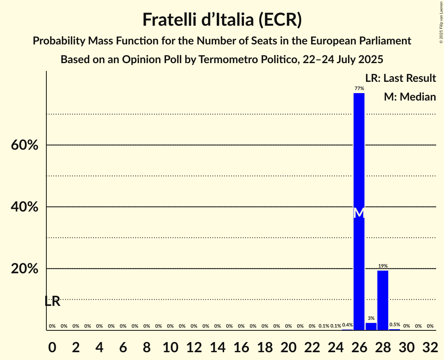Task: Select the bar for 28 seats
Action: pyautogui.click(x=383, y=300)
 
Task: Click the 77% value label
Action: pyautogui.click(x=359, y=89)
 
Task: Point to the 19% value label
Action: pyautogui.click(x=383, y=266)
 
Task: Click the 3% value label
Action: pyautogui.click(x=371, y=318)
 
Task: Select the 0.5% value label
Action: pyautogui.click(x=394, y=325)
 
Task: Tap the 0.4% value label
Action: pyautogui.click(x=347, y=325)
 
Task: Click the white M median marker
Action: pyautogui.click(x=359, y=213)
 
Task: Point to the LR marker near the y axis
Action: pyautogui.click(x=52, y=301)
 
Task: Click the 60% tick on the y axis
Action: pyautogui.click(x=25, y=145)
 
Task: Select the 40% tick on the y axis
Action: pyautogui.click(x=25, y=207)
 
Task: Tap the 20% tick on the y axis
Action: pyautogui.click(x=25, y=269)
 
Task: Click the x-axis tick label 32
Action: pyautogui.click(x=430, y=346)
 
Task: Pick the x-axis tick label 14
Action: pyautogui.click(x=218, y=346)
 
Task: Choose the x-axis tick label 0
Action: pyautogui.click(x=52, y=346)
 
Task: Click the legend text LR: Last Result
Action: pyautogui.click(x=400, y=78)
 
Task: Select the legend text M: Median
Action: pyautogui.click(x=410, y=97)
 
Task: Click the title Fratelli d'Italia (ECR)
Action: pyautogui.click(x=222, y=20)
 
